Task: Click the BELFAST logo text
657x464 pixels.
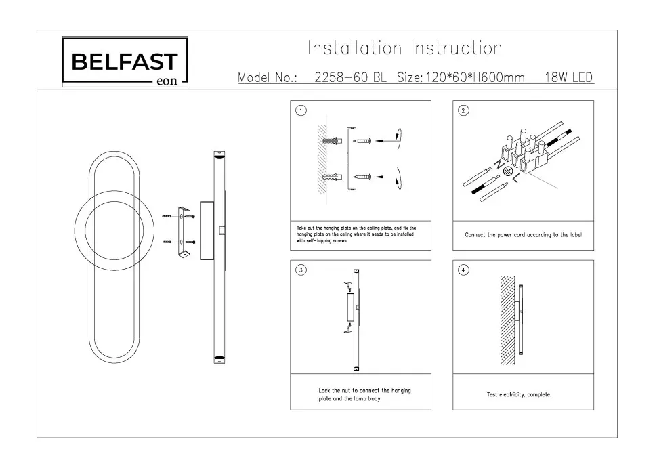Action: click(x=125, y=62)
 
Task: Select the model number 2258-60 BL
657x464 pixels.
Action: click(x=350, y=77)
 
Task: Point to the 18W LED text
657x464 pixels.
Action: click(x=568, y=77)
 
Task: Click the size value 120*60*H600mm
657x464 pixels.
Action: click(x=475, y=77)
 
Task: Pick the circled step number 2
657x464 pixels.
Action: click(x=463, y=111)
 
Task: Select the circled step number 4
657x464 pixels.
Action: click(x=463, y=270)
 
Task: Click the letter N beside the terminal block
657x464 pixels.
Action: click(x=498, y=165)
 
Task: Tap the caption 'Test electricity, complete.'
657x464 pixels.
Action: click(x=519, y=394)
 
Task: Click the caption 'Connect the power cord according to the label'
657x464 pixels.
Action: click(x=523, y=235)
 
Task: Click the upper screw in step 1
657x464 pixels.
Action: click(x=362, y=140)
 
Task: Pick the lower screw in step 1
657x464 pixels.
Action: click(x=362, y=177)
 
